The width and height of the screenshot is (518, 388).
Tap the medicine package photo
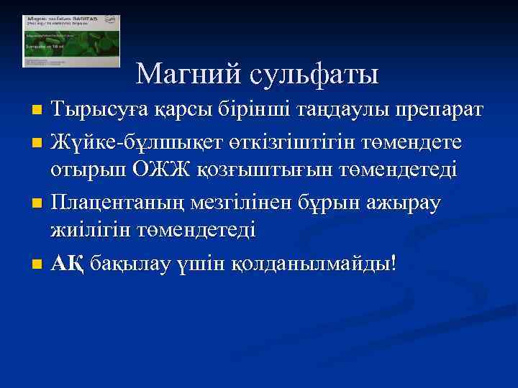coord(71,41)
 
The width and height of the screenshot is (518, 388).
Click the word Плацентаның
coord(119,203)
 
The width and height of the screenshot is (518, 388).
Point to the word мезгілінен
coord(242,203)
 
